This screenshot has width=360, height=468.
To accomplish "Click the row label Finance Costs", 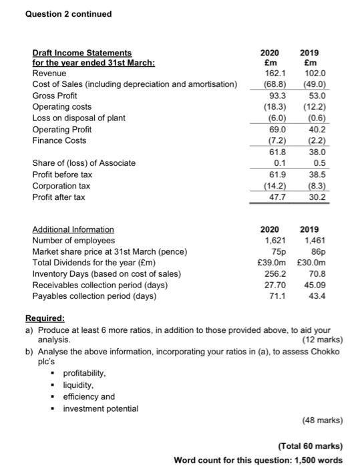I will [58, 141].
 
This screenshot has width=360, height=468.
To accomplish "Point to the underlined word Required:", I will [45, 319].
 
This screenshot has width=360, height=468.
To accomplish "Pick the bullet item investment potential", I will [101, 408].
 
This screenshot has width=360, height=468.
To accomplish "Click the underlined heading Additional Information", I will [73, 229].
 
